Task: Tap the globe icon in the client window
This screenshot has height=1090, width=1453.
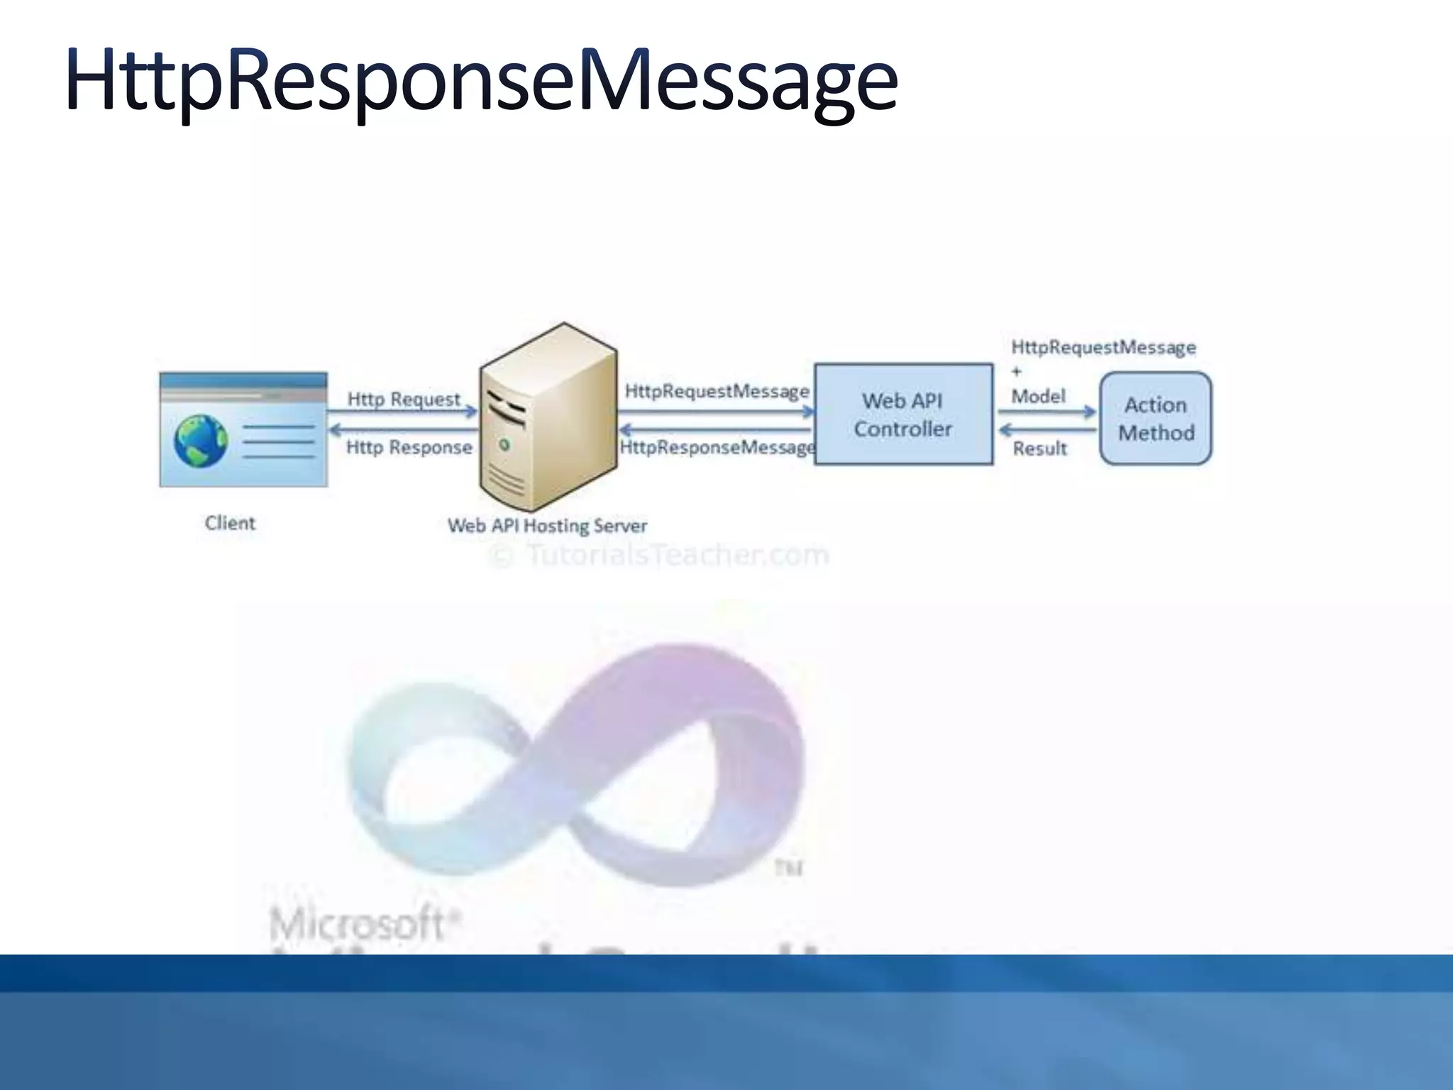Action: pyautogui.click(x=201, y=441)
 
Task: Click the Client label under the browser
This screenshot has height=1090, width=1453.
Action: pyautogui.click(x=230, y=523)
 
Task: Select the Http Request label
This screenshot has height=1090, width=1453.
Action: pyautogui.click(x=404, y=399)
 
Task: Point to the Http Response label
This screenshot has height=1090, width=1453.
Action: pyautogui.click(x=409, y=447)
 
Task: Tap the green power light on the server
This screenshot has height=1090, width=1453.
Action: pyautogui.click(x=504, y=445)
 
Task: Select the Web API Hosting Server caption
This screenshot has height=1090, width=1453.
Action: pyautogui.click(x=547, y=526)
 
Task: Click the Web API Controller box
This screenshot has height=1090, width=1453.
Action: pyautogui.click(x=903, y=414)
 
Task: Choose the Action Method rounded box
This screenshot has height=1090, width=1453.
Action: pyautogui.click(x=1156, y=418)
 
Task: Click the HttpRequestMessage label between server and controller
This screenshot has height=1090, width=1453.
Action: pyautogui.click(x=717, y=391)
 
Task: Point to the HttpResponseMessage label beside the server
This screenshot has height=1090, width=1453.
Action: pyautogui.click(x=717, y=447)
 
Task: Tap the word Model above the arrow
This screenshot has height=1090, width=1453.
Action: pyautogui.click(x=1038, y=396)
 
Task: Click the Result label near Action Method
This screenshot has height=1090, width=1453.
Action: pyautogui.click(x=1039, y=448)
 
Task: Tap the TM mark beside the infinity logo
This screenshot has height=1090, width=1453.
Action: pyautogui.click(x=788, y=867)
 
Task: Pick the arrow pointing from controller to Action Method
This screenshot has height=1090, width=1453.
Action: pyautogui.click(x=1047, y=412)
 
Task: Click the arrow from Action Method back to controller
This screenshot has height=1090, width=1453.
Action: pyautogui.click(x=1047, y=430)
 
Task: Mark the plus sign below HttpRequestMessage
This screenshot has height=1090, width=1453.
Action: pyautogui.click(x=1016, y=371)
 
